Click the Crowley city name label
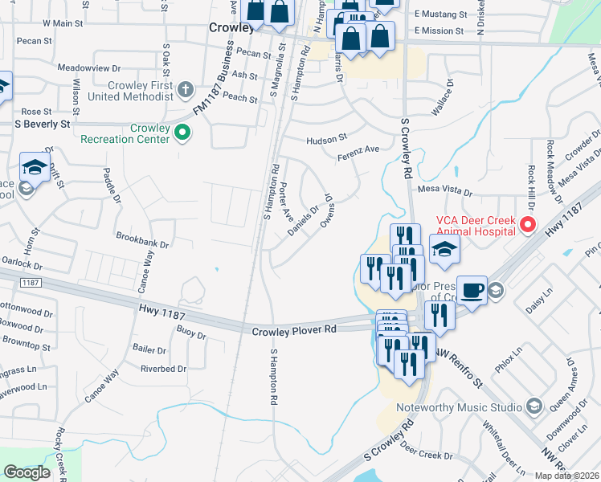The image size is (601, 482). (231, 27)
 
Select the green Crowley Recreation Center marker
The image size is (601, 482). (182, 133)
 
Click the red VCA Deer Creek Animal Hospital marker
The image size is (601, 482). (528, 224)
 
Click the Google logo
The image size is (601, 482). (27, 472)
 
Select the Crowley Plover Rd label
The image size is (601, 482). (294, 331)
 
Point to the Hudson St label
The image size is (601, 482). (325, 140)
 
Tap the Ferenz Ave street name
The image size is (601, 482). (358, 152)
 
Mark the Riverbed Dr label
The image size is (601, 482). (163, 369)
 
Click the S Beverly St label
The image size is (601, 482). (43, 125)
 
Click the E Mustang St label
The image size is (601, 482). (441, 14)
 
